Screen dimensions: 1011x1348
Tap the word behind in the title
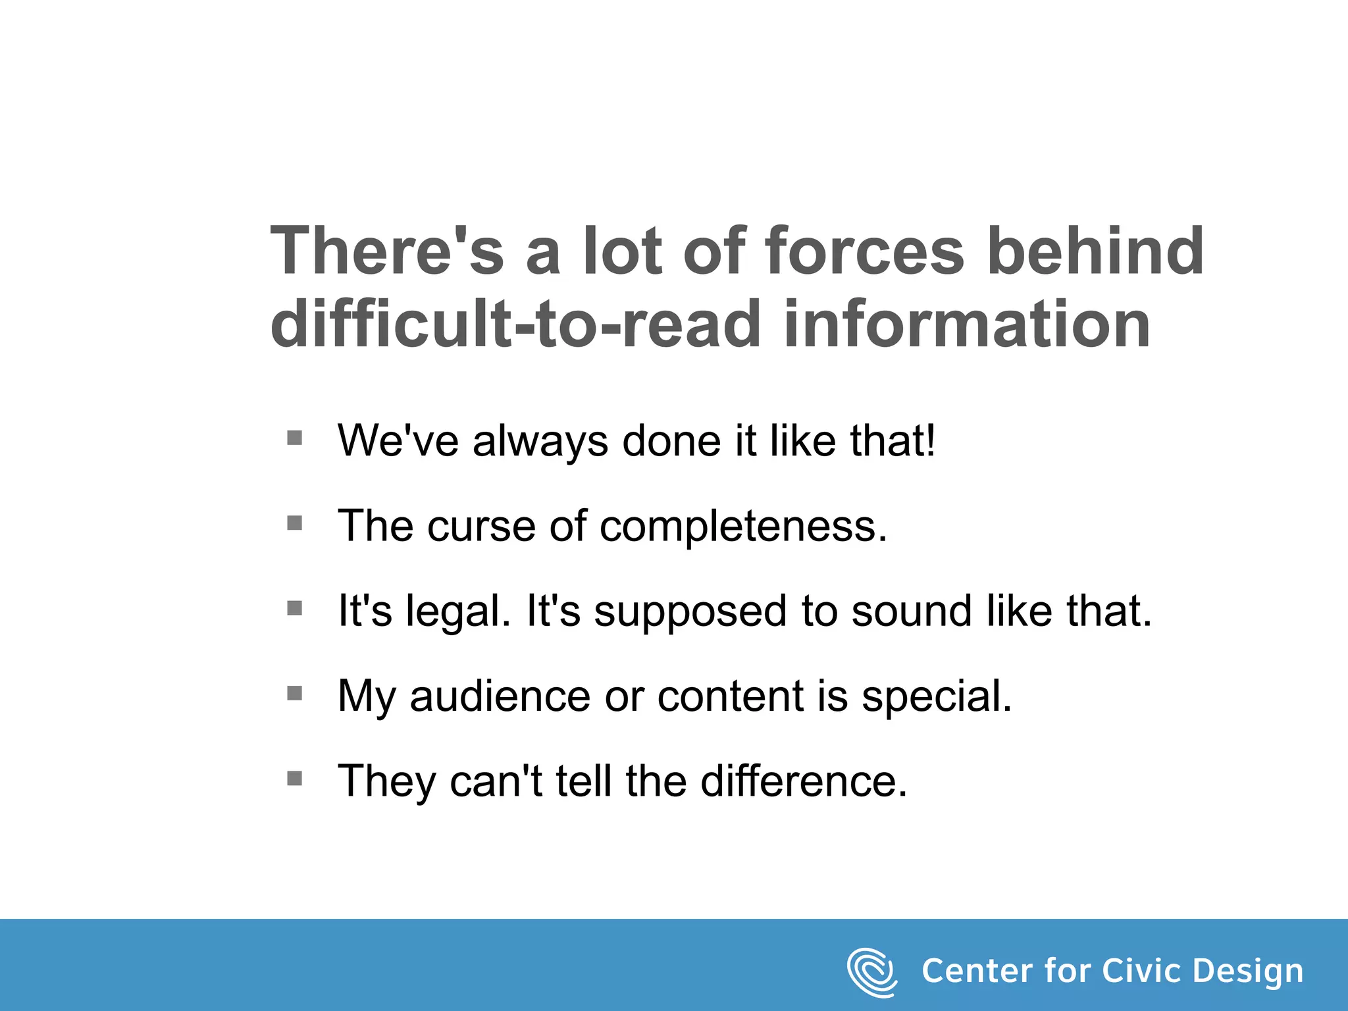pyautogui.click(x=1096, y=251)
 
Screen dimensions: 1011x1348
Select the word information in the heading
pyautogui.click(x=967, y=324)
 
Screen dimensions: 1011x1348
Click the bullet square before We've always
pyautogui.click(x=295, y=438)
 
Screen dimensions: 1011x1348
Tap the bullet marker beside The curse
pyautogui.click(x=295, y=523)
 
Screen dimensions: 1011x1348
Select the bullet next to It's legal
pyautogui.click(x=295, y=608)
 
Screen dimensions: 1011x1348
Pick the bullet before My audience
pyautogui.click(x=295, y=694)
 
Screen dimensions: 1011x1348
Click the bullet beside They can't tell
pyautogui.click(x=295, y=779)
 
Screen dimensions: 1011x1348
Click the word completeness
pyautogui.click(x=743, y=527)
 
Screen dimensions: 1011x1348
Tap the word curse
pyautogui.click(x=481, y=527)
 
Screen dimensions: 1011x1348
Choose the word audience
pyautogui.click(x=500, y=696)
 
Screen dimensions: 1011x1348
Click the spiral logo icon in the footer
pyautogui.click(x=871, y=972)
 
